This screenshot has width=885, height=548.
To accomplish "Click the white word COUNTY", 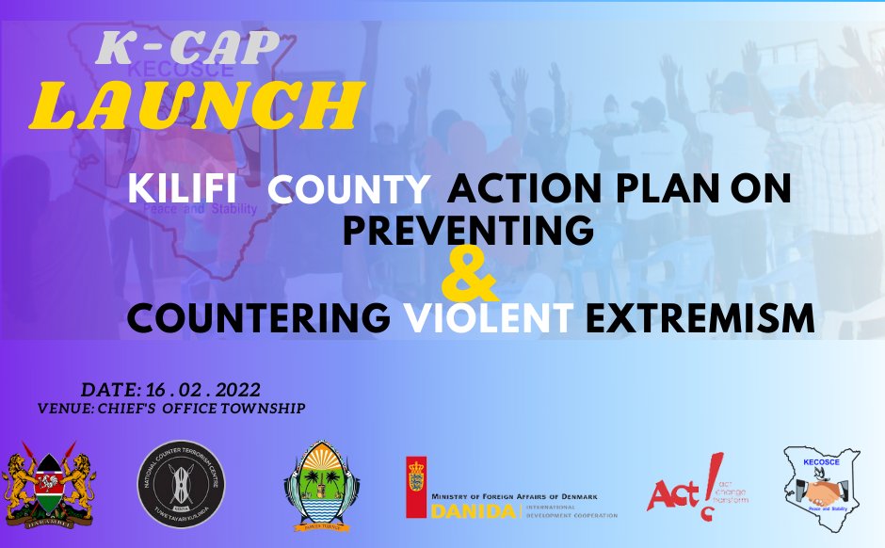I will [348, 190].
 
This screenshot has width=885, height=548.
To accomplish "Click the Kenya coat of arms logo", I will [50, 485].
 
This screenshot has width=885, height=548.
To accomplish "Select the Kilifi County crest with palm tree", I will [323, 486].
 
